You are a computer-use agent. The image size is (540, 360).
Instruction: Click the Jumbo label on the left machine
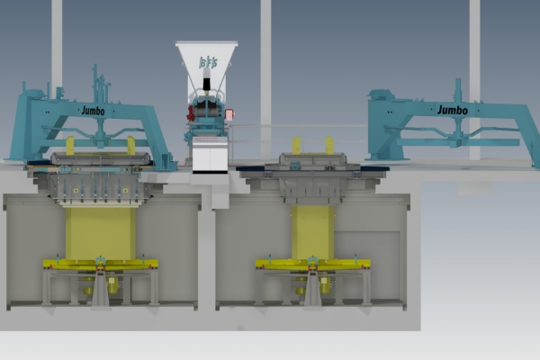pos(93,111)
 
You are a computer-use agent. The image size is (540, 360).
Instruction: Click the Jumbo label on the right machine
pos(452,110)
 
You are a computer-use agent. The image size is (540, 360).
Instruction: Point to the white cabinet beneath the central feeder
pos(210,157)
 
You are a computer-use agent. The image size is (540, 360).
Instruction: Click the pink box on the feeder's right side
pos(230,114)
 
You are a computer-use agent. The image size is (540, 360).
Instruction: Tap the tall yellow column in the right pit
pos(311,232)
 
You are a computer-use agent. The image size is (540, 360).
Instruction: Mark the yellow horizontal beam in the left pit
pos(100,265)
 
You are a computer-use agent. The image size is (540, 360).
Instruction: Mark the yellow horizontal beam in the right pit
pos(312,264)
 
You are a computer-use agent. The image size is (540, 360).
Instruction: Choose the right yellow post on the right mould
pos(329,145)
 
